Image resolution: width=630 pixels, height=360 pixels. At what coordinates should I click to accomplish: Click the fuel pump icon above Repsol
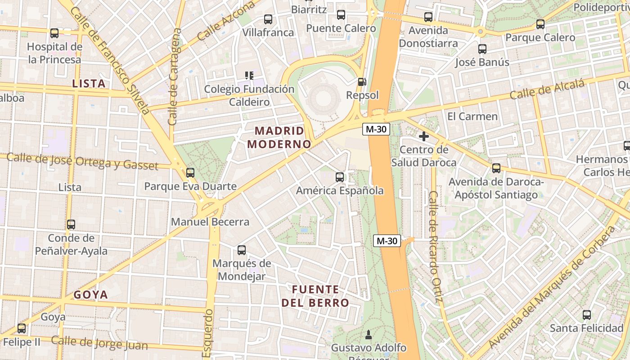coord(361,82)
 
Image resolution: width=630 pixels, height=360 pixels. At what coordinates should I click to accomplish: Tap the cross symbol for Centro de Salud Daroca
coord(423,136)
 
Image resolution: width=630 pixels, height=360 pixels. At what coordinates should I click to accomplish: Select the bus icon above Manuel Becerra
coord(190,172)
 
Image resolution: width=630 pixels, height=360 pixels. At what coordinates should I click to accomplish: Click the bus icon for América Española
coord(340,177)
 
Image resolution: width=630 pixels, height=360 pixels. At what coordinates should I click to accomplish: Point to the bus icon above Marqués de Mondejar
coord(242,250)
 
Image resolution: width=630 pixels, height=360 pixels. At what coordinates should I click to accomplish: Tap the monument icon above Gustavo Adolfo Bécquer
coord(369,334)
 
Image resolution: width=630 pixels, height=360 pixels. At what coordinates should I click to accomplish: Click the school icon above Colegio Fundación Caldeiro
coord(249,75)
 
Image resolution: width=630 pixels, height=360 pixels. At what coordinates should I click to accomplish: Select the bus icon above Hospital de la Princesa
coord(54,33)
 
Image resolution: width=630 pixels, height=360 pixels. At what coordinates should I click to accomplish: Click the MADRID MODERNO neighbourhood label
coord(279,138)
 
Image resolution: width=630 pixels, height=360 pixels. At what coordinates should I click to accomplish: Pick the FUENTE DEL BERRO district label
coord(315,296)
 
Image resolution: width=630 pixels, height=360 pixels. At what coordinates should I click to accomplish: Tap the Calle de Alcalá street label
coord(547,90)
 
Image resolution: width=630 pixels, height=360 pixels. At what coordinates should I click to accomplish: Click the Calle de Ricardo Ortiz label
coord(435,247)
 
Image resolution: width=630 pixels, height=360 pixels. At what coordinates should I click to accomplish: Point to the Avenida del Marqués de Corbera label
coord(552,288)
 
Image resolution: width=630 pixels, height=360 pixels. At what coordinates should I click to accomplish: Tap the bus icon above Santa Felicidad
coord(587,315)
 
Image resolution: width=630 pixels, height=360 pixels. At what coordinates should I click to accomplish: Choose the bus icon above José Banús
coord(482,49)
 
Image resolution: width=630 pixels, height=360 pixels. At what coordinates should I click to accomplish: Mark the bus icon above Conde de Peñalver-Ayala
coord(71,225)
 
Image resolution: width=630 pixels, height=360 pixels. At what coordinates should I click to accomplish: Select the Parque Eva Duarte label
coord(190,186)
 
